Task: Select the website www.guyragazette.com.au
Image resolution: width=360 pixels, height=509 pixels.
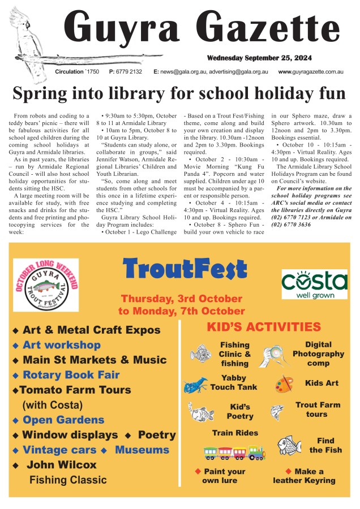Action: [x=311, y=72]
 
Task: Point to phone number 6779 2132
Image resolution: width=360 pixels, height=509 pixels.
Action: [x=130, y=72]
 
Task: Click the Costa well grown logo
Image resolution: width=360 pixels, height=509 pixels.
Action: [x=314, y=284]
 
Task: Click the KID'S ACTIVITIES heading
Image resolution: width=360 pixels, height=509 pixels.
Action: [x=264, y=327]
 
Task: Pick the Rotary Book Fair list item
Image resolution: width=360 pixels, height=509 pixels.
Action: [x=71, y=374]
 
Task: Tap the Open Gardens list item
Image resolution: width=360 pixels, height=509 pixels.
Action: [x=63, y=420]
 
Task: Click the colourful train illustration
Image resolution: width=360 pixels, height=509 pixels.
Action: [x=234, y=453]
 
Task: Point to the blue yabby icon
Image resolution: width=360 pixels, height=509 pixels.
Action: [x=196, y=385]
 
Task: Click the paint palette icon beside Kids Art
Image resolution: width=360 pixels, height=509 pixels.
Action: [x=284, y=384]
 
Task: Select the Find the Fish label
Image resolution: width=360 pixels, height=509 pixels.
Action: [x=325, y=445]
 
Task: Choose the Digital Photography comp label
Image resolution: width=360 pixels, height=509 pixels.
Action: [x=318, y=353]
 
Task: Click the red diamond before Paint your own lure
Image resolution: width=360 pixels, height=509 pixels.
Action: [x=198, y=471]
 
